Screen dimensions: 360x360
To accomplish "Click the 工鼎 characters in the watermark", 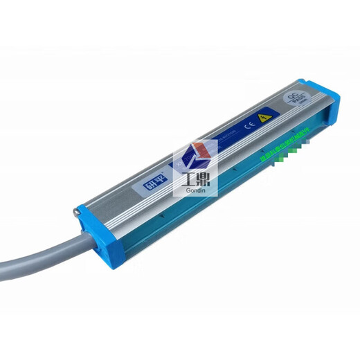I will point(195,182).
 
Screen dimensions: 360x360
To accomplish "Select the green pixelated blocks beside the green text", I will point(281,164).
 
